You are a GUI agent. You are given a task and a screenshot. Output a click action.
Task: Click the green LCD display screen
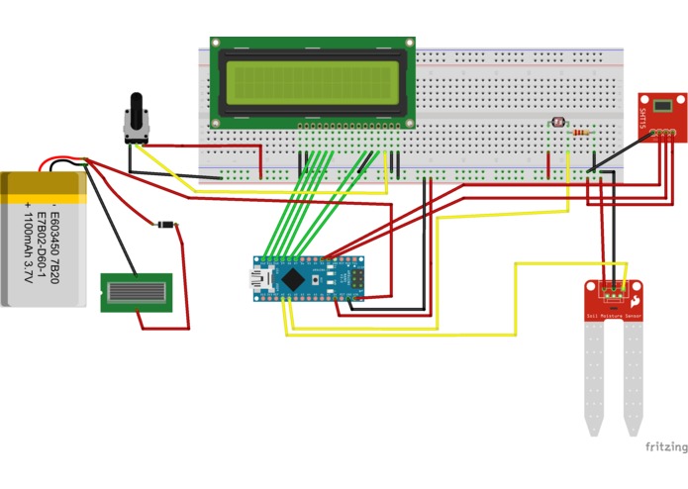pyautogui.click(x=312, y=81)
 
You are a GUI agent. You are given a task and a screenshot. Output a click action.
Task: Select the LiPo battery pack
pyautogui.click(x=44, y=238)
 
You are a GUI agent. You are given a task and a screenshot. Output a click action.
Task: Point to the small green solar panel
pyautogui.click(x=137, y=293)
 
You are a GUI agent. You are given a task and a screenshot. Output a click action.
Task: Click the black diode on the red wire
pyautogui.click(x=165, y=226)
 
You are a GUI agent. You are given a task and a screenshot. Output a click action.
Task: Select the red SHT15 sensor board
pyautogui.click(x=660, y=114)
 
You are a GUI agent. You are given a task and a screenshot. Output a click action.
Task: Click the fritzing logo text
pyautogui.click(x=665, y=446)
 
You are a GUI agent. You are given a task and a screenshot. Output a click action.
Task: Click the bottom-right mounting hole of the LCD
pyautogui.click(x=409, y=123)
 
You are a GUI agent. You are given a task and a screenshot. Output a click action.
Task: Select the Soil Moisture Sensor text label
pyautogui.click(x=613, y=316)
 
